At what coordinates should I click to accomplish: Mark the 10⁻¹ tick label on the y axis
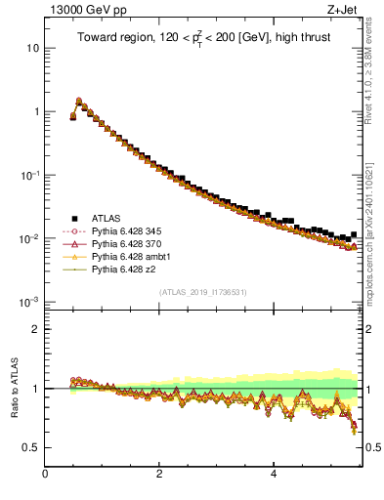click(x=31, y=175)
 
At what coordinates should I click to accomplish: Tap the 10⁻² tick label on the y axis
click(x=31, y=238)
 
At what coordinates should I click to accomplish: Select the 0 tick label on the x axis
click(x=45, y=475)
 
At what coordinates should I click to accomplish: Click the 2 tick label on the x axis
click(x=159, y=475)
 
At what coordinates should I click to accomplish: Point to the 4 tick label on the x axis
click(x=274, y=475)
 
